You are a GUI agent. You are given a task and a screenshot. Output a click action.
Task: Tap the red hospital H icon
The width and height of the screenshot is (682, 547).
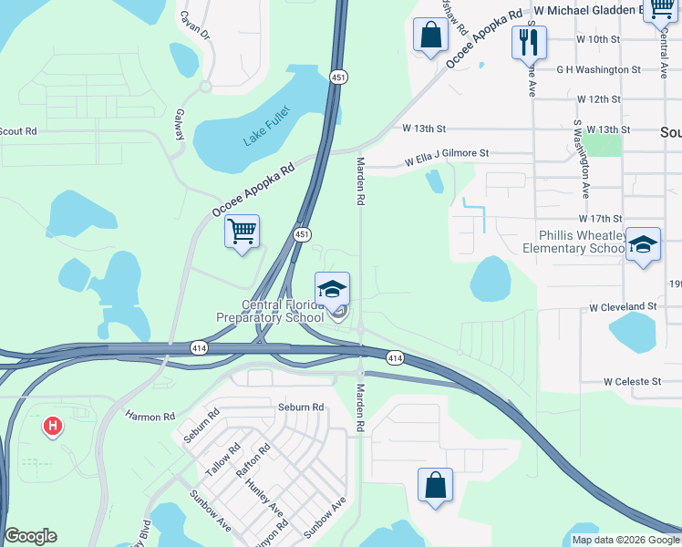[x=53, y=425]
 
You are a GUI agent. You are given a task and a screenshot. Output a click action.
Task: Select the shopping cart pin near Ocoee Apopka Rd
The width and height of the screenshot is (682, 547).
[x=242, y=232]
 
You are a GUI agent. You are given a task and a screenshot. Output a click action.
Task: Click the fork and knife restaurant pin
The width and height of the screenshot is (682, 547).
[x=528, y=41]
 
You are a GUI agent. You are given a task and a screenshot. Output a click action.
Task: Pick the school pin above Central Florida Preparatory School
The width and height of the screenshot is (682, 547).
[x=333, y=290]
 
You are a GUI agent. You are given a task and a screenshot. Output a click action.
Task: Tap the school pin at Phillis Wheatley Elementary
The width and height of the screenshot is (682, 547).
[x=644, y=244]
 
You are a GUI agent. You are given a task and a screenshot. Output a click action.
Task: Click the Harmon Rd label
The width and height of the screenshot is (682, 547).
[x=150, y=417]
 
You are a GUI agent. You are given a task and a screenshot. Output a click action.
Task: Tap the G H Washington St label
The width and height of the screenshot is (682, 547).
[x=599, y=69]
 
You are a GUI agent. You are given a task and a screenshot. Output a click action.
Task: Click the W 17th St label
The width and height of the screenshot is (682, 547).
[x=599, y=219]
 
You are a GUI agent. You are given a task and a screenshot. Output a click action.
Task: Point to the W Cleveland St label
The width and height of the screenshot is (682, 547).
[x=623, y=306]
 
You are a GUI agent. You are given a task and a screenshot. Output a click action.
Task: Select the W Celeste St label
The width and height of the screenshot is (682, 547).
[x=630, y=382]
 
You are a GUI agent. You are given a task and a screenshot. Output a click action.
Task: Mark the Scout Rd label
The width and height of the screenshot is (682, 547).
[x=18, y=131]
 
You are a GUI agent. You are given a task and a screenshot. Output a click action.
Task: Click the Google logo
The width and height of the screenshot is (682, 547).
[x=30, y=537]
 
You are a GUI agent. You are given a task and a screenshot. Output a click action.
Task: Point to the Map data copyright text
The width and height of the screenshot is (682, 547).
[x=625, y=540]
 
